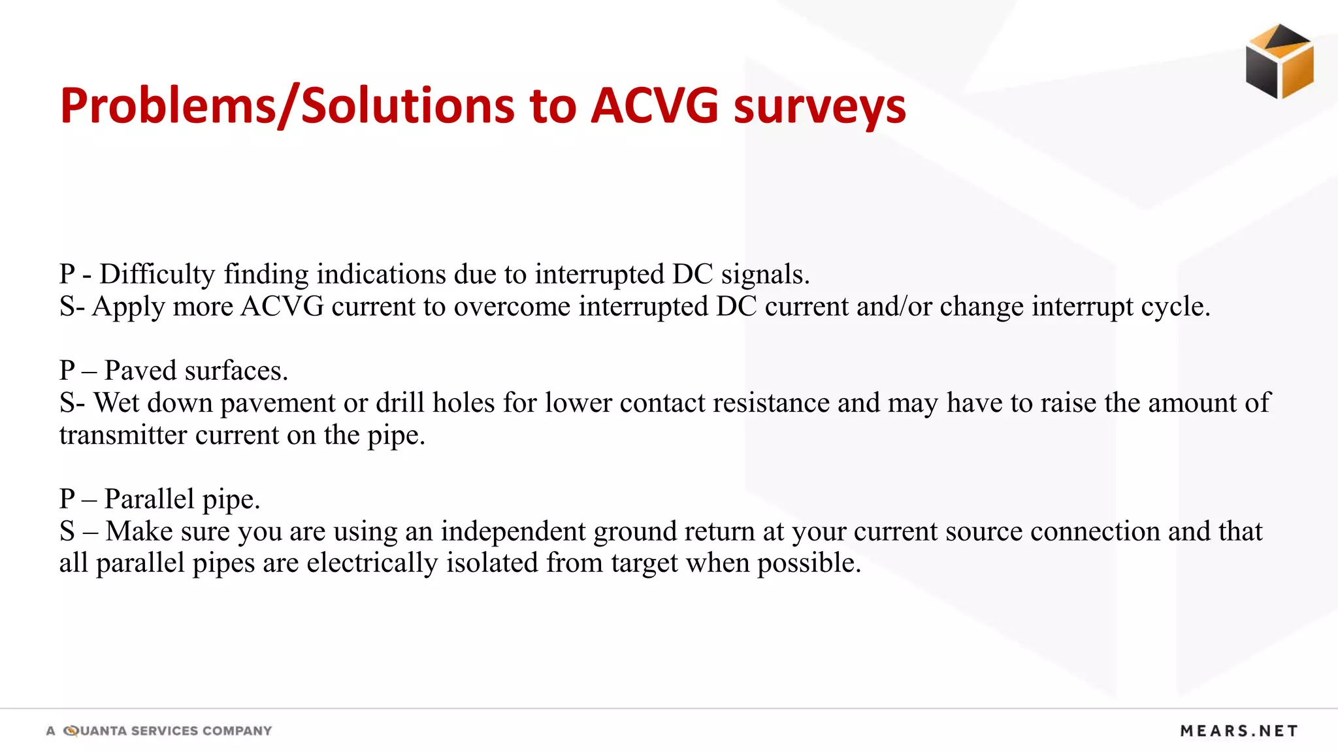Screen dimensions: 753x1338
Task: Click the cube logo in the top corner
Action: pos(1279,61)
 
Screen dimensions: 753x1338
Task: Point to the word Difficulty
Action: pos(157,275)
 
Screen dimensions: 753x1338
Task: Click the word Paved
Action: pos(140,371)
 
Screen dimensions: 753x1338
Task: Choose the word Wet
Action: pos(116,403)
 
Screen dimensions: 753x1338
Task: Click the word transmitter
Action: pos(123,435)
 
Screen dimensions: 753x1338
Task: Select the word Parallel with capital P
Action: pos(150,499)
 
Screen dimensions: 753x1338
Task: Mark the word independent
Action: pos(513,531)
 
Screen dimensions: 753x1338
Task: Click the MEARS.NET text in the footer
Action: pos(1239,731)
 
